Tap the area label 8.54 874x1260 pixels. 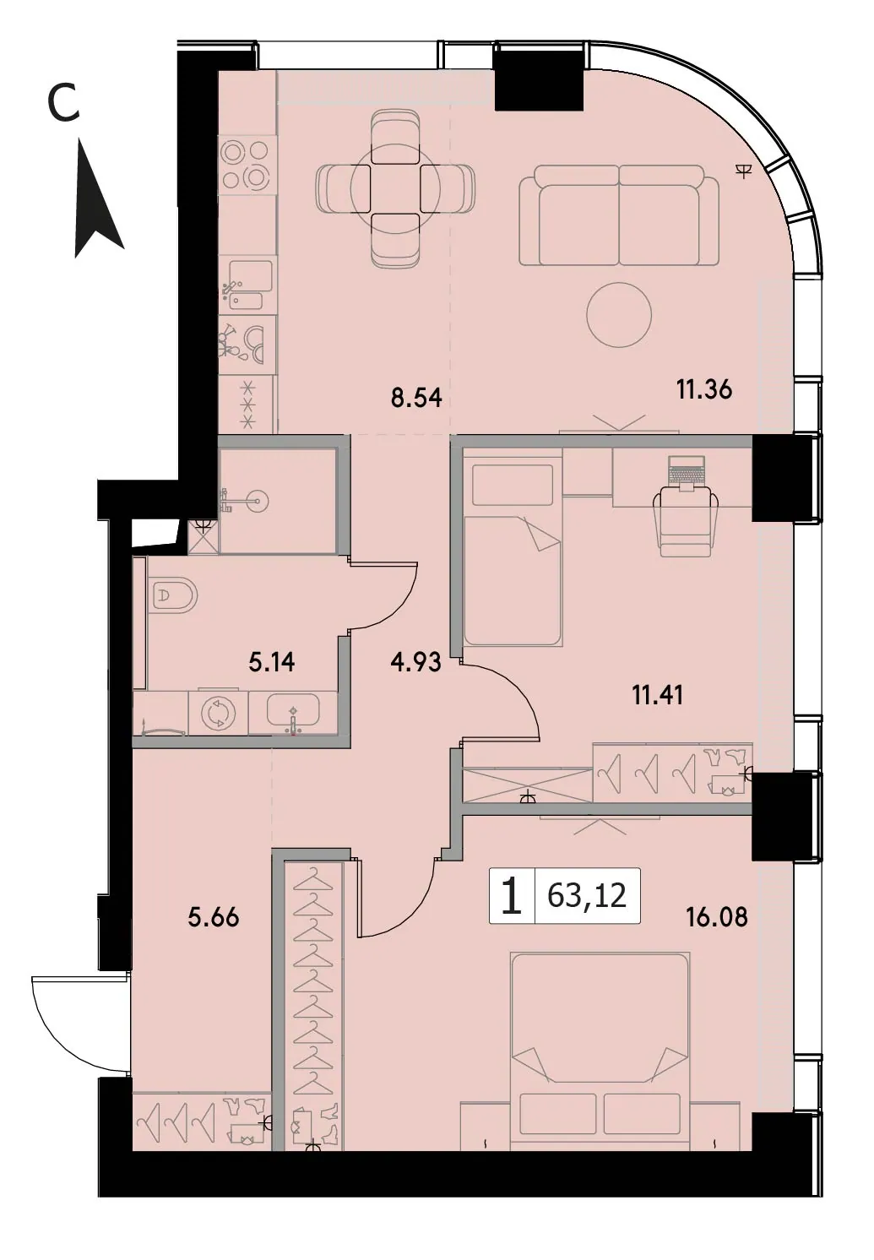(x=417, y=398)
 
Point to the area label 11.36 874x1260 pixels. (x=704, y=389)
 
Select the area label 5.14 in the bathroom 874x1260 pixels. (x=272, y=663)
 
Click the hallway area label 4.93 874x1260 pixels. (x=415, y=662)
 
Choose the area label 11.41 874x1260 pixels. (x=658, y=696)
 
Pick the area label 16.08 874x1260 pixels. (x=717, y=917)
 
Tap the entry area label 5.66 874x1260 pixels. (x=213, y=918)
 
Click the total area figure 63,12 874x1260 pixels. (x=587, y=895)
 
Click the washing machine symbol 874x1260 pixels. (x=219, y=714)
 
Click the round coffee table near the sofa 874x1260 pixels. (x=619, y=315)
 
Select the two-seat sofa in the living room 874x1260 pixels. (x=619, y=215)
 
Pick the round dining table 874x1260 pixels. (x=395, y=187)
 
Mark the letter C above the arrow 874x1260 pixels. (x=63, y=105)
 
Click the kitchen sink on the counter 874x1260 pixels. (x=247, y=285)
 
